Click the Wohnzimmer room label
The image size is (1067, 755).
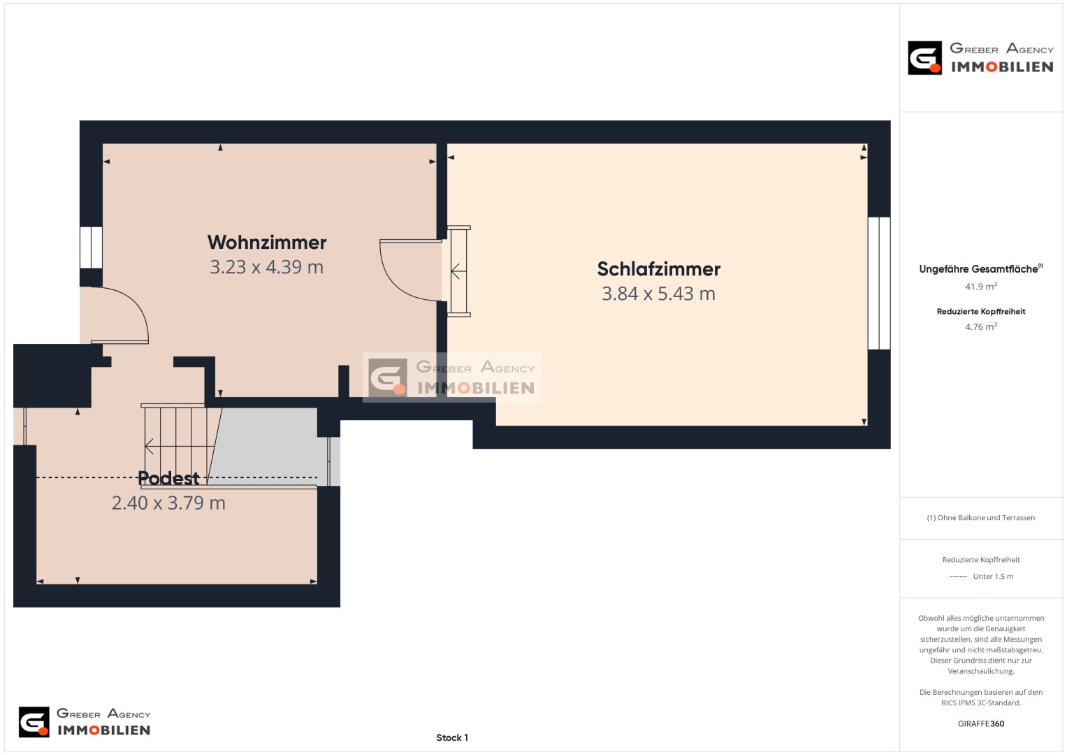click(x=267, y=242)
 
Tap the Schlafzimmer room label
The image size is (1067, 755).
click(x=659, y=269)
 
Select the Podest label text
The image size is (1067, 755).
click(x=168, y=478)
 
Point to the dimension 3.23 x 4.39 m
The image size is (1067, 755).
click(x=267, y=267)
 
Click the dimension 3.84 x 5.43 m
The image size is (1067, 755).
click(x=659, y=294)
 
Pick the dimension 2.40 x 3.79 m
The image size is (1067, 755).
click(x=168, y=503)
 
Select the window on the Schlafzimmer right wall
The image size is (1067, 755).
click(x=879, y=284)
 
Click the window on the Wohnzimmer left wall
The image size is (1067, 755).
click(x=91, y=247)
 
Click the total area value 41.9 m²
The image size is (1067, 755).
click(x=981, y=287)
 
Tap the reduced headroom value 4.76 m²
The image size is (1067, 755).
click(x=981, y=326)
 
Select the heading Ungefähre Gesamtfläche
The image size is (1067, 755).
click(x=978, y=269)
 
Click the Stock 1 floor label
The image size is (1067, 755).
click(x=452, y=738)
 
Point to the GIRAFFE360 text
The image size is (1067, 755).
click(x=981, y=724)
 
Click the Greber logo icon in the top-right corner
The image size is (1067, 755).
click(x=924, y=57)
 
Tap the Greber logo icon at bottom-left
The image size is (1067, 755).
click(x=34, y=722)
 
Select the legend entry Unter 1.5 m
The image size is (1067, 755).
click(x=993, y=576)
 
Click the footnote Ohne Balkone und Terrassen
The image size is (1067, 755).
click(x=981, y=517)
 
